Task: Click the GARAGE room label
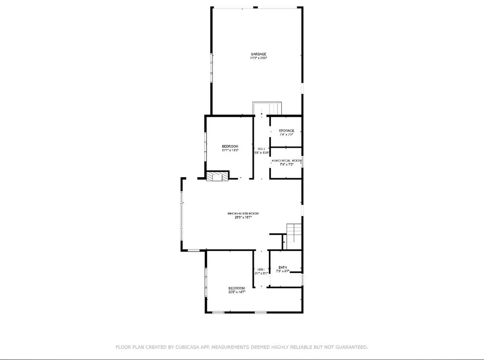coord(259,54)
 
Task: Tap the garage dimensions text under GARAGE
coord(259,58)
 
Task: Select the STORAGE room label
coord(286,130)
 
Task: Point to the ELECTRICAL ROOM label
coord(286,161)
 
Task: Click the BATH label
coord(283,267)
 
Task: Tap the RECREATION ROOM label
coord(243,213)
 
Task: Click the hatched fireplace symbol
coord(217,176)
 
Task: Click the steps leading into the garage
coord(267,108)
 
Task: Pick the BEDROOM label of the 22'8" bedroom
coord(237,288)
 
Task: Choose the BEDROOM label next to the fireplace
coord(230,146)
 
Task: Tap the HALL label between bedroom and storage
coord(261,148)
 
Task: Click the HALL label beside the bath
coord(261,269)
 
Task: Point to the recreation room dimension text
coord(243,217)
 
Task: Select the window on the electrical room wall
coord(302,162)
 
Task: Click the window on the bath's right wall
coord(302,279)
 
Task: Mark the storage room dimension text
coord(286,135)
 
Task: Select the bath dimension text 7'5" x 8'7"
coord(283,271)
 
